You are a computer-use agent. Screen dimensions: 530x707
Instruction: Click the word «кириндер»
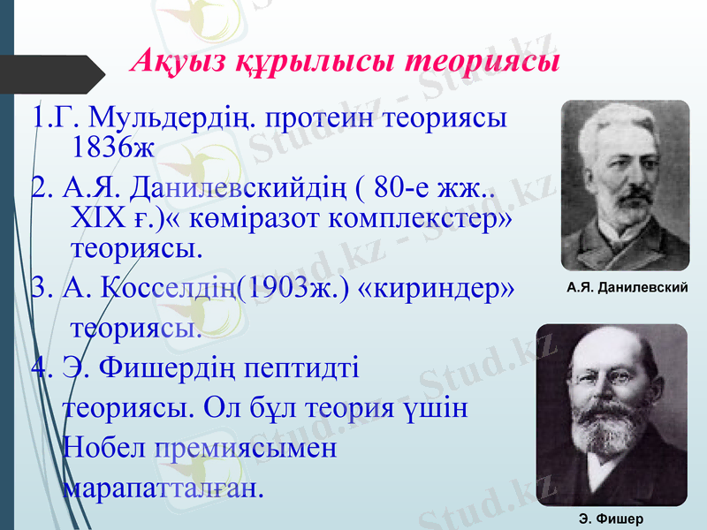(440, 288)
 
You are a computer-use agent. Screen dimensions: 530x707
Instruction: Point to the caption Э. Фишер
(611, 519)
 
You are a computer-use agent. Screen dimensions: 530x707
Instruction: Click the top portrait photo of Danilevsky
(625, 185)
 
